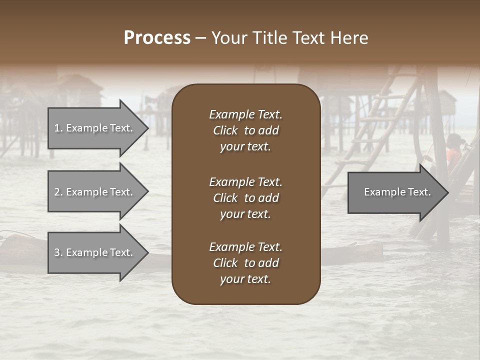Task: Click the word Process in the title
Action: click(x=157, y=38)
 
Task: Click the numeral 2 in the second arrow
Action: click(x=56, y=192)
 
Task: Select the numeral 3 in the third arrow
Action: click(x=56, y=252)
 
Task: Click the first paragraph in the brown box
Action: click(x=245, y=130)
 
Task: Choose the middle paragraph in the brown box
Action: click(x=245, y=197)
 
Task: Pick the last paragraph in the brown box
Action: click(x=245, y=263)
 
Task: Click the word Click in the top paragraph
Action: click(x=225, y=130)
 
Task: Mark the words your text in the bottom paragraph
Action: click(x=245, y=279)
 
